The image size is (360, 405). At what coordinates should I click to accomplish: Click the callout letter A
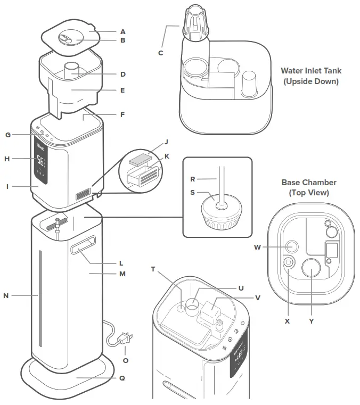point(123,31)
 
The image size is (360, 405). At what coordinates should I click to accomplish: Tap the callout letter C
point(160,53)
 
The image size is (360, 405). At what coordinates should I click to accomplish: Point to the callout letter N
point(6,294)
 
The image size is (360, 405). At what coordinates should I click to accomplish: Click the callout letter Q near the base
point(122,379)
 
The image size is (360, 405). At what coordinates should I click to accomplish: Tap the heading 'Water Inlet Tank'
point(312,70)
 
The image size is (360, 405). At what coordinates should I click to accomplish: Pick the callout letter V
point(258,297)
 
